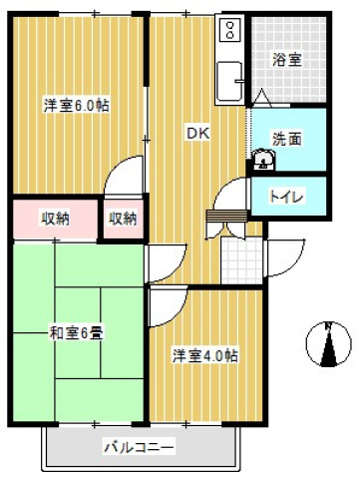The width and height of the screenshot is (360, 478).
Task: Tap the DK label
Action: tap(196, 131)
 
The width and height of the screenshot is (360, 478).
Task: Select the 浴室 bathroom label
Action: tap(288, 60)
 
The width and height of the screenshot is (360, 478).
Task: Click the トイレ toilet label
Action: tap(289, 196)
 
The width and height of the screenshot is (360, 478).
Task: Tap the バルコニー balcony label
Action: tap(140, 447)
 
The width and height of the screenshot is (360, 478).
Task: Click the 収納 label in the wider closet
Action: tap(55, 219)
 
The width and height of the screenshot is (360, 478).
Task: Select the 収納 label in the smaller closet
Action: tap(123, 219)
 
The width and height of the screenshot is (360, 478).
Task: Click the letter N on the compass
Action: tap(328, 327)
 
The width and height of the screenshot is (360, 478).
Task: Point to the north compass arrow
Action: tap(328, 350)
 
